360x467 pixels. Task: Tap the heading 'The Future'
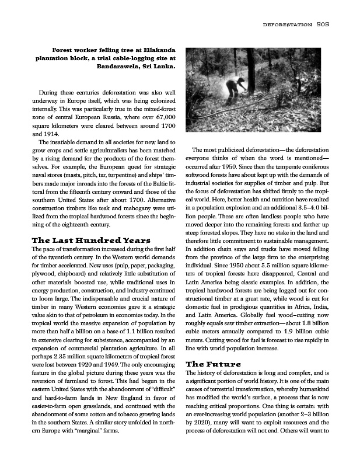pyautogui.click(x=213, y=364)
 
